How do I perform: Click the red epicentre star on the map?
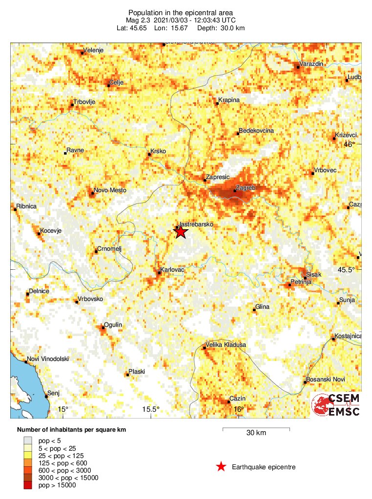[181, 232]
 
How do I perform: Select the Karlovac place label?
[171, 270]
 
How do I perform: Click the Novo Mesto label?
[110, 190]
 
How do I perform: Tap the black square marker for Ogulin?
[103, 329]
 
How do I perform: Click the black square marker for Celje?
[108, 86]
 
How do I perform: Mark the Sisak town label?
[314, 275]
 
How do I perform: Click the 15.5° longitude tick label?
[151, 409]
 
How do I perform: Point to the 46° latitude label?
[349, 144]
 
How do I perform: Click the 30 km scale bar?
[256, 430]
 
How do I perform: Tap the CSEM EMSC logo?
[336, 405]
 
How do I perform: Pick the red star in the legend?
[221, 467]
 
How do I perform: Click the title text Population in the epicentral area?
[180, 12]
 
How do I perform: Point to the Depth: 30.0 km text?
[221, 28]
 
